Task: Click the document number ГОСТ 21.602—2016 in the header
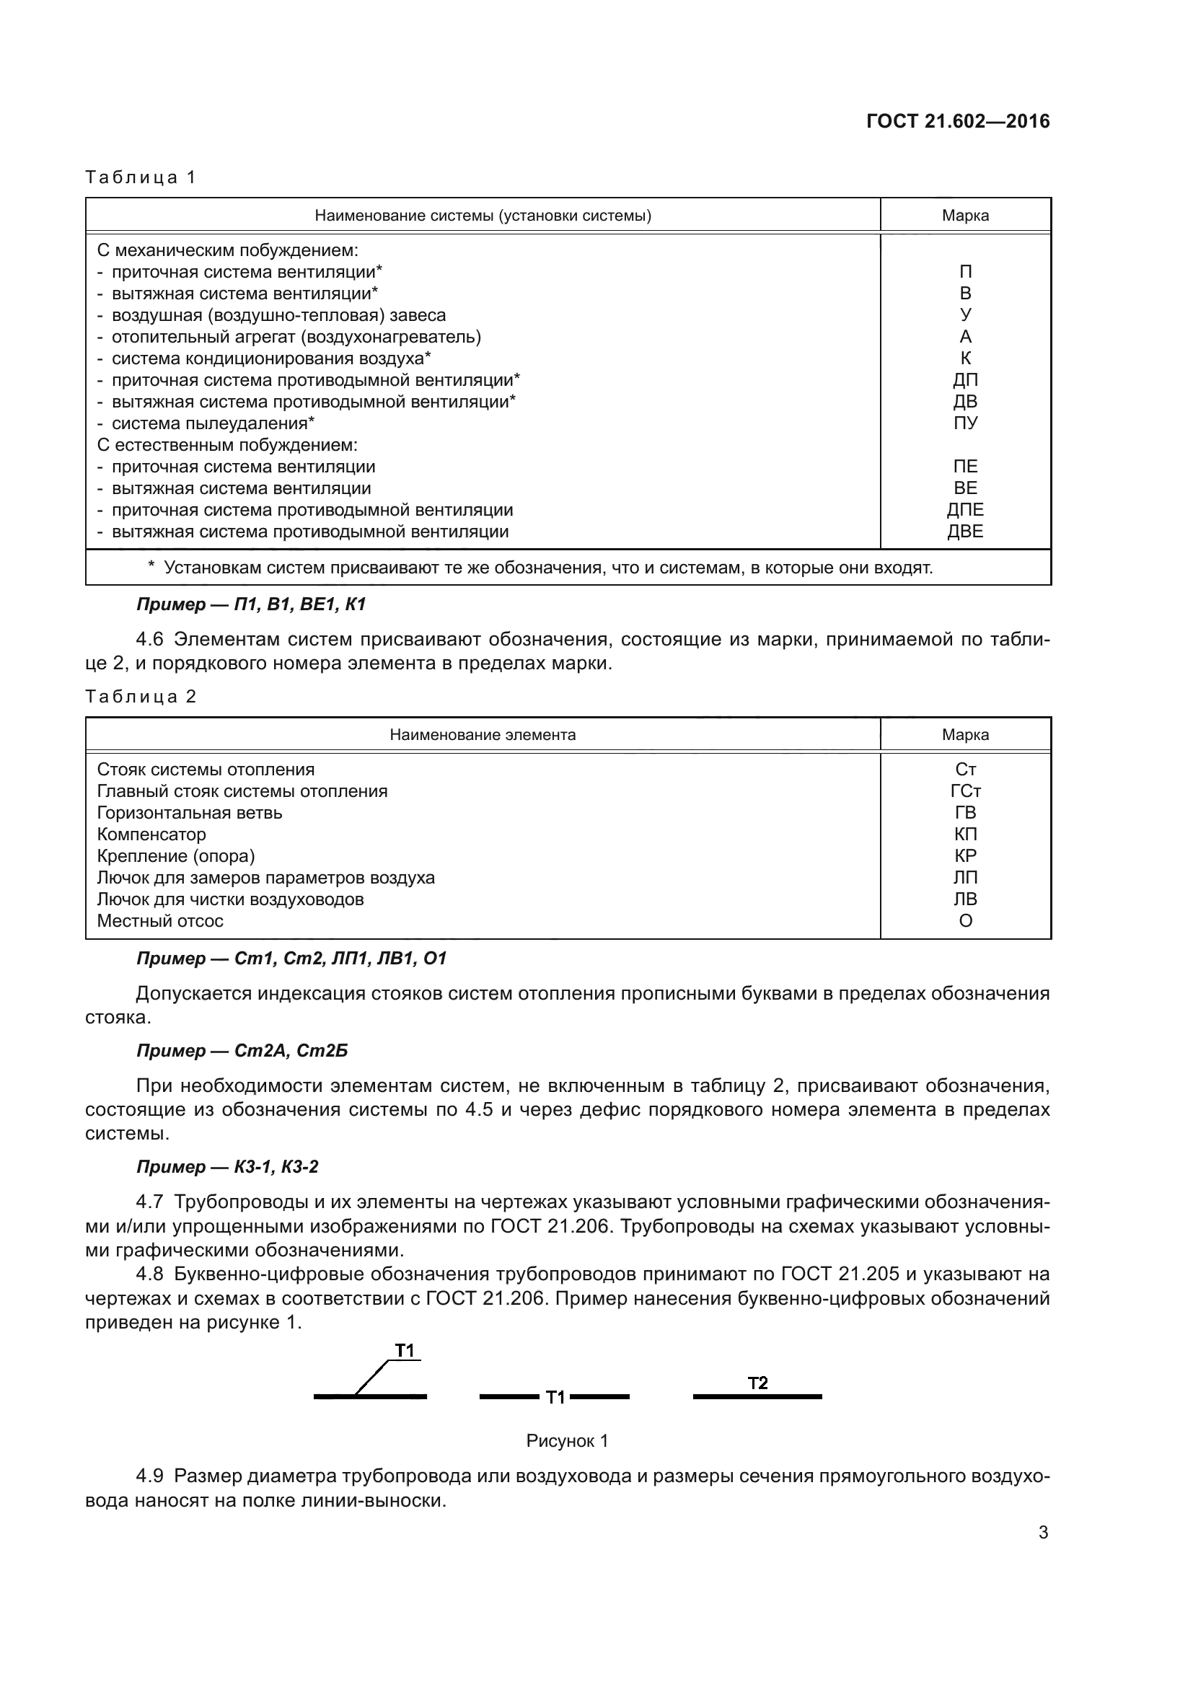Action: pos(957,121)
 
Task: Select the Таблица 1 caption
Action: pos(141,177)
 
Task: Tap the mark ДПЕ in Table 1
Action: pos(964,510)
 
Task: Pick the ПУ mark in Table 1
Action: pos(964,423)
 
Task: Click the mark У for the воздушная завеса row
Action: pos(964,315)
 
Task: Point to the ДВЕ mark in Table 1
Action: pos(964,532)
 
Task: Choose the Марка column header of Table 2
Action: pos(964,735)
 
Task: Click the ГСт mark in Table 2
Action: pos(964,791)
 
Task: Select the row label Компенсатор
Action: pos(151,834)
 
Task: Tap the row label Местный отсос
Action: pos(160,921)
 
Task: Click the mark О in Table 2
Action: pos(964,921)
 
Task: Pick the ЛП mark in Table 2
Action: pos(964,878)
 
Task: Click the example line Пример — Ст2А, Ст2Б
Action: pos(242,1051)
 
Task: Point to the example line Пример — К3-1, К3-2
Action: pos(227,1167)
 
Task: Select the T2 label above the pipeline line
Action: pos(757,1383)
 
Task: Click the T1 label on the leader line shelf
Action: pos(405,1350)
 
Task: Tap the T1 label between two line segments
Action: pos(555,1398)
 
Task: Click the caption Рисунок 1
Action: pos(567,1441)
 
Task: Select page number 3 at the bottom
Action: pos(1042,1533)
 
